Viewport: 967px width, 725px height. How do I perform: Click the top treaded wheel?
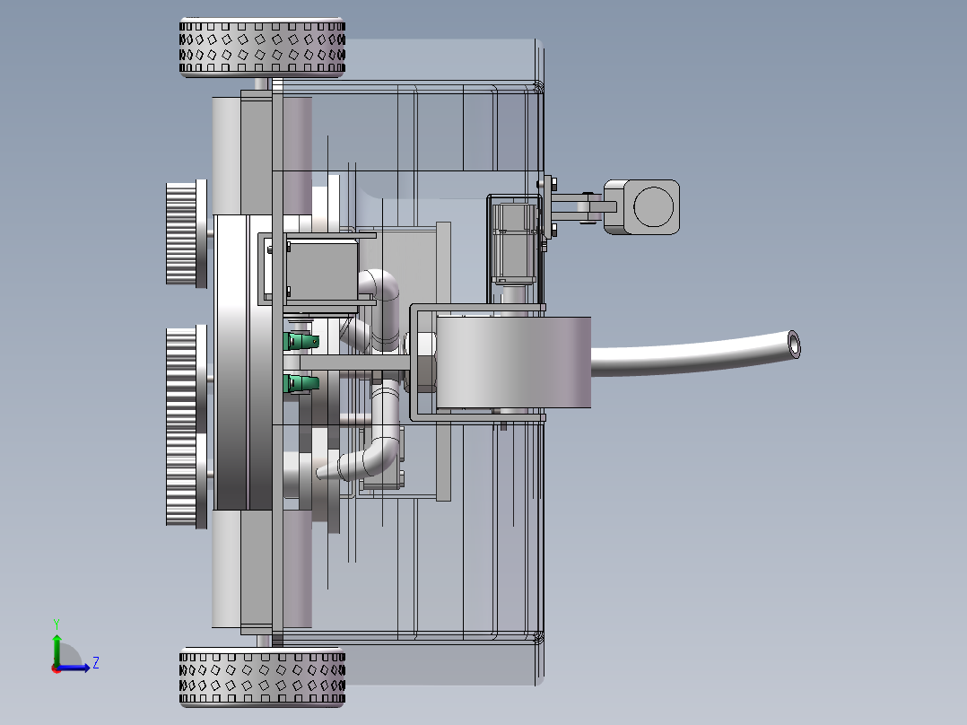pos(262,48)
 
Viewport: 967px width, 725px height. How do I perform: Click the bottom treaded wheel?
pos(262,677)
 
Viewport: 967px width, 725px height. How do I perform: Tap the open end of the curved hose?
pos(794,345)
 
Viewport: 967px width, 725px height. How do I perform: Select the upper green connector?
pos(301,341)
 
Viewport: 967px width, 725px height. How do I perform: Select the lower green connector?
pos(301,383)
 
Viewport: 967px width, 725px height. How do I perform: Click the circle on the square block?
pos(654,206)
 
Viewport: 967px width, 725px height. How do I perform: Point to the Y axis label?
pos(57,624)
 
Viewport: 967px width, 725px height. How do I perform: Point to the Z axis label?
pos(96,663)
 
